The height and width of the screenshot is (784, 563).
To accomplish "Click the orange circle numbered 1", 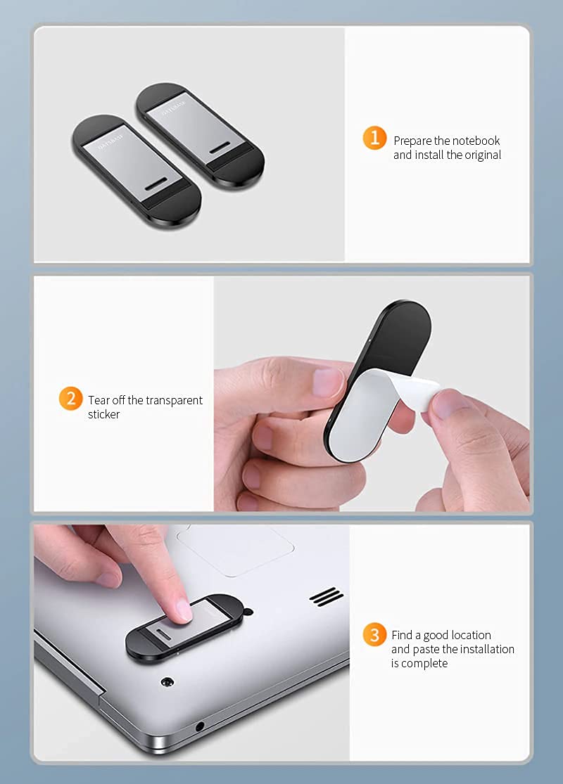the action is [x=374, y=138].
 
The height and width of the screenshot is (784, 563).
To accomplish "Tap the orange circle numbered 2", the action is [x=70, y=399].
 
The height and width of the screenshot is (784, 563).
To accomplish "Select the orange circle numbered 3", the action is [x=374, y=634].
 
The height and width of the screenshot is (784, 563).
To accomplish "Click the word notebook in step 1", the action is [x=476, y=141].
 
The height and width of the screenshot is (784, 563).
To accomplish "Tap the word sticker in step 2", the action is [x=103, y=414].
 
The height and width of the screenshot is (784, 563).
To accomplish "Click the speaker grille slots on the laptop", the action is [x=327, y=596].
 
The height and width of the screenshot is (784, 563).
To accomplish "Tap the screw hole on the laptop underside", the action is [x=167, y=682].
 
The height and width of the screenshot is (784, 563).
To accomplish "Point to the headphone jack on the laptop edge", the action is [x=200, y=726].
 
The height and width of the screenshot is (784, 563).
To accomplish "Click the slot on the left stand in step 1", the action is [x=159, y=184].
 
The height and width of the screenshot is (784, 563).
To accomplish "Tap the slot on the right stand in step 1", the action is [x=219, y=148].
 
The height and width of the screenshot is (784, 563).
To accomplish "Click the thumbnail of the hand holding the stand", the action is [x=326, y=382].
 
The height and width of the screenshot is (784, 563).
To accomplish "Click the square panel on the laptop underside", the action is [x=235, y=549].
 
